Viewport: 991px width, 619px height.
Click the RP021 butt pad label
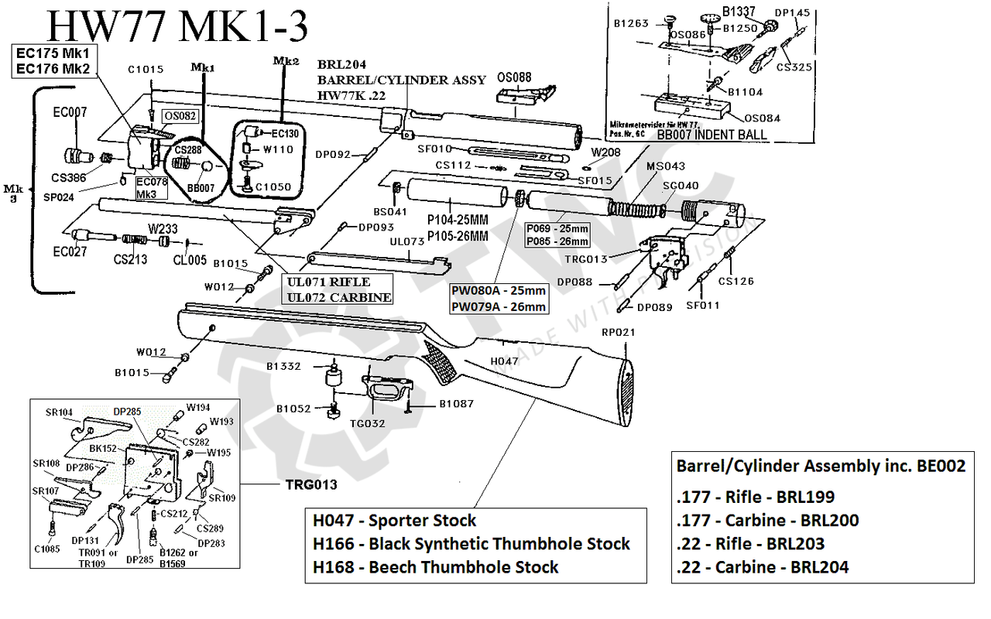(618, 333)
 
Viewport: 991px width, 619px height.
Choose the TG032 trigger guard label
(367, 423)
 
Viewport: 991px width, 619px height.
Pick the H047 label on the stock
(505, 361)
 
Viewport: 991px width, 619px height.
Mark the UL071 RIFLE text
(328, 282)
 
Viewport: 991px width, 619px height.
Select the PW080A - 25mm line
(499, 291)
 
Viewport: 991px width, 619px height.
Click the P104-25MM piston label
(458, 221)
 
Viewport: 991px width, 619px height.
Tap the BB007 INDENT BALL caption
(712, 135)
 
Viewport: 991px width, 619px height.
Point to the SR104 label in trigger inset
(60, 412)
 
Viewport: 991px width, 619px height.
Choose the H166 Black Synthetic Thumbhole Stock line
(471, 544)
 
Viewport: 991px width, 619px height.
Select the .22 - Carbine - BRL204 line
(763, 567)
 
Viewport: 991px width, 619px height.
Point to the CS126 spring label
(736, 281)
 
